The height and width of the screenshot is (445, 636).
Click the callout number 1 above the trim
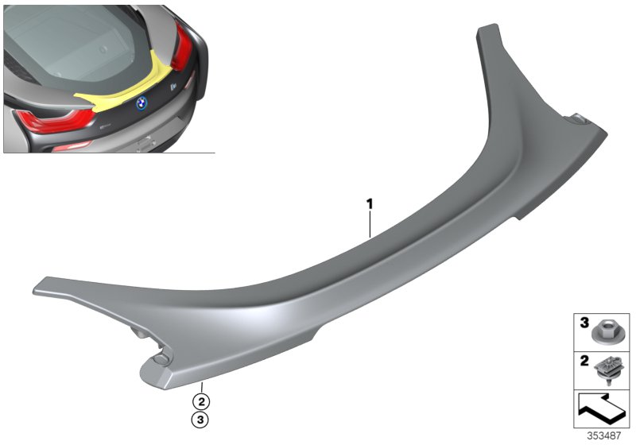click(370, 204)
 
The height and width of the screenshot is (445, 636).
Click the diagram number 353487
click(606, 435)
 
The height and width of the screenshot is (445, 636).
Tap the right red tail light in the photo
click(182, 48)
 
